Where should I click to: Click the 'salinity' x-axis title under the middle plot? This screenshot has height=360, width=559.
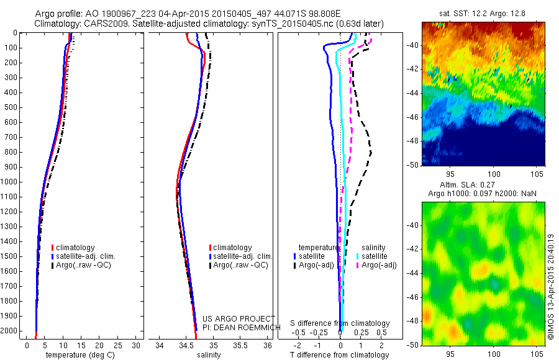click(x=207, y=355)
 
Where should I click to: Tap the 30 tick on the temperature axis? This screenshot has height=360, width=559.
click(x=137, y=346)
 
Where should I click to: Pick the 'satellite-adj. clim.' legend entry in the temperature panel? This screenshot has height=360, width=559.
click(x=86, y=256)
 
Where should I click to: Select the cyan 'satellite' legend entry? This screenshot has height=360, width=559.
click(x=375, y=256)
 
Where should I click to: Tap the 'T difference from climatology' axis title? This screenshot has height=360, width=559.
click(x=339, y=355)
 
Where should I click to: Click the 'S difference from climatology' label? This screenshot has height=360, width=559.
click(x=340, y=324)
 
